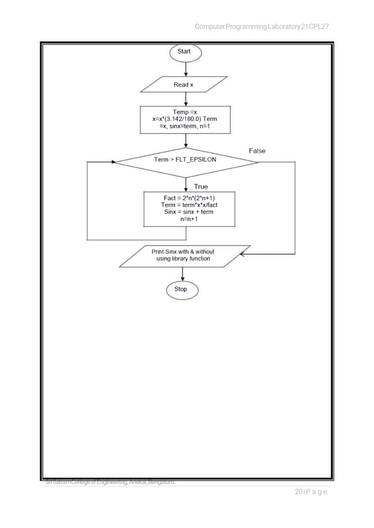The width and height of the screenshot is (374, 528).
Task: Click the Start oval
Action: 185,52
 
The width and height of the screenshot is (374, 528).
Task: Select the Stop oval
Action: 181,289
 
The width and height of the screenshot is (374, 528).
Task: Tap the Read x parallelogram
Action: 184,85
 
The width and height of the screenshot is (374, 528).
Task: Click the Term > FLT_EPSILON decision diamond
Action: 185,160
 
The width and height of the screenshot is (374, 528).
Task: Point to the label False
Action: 257,150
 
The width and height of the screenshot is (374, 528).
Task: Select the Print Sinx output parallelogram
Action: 183,255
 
